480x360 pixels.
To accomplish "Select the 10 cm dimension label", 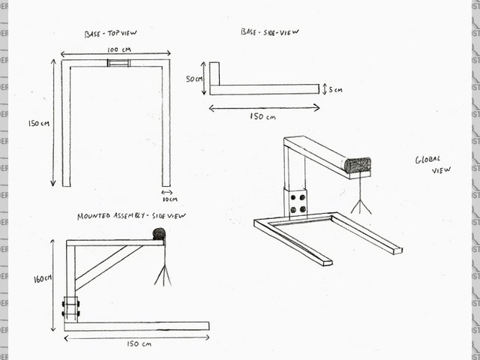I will pyautogui.click(x=169, y=199).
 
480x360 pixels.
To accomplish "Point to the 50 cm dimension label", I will pyautogui.click(x=195, y=78).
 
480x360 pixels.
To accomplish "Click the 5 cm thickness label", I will pyautogui.click(x=334, y=89).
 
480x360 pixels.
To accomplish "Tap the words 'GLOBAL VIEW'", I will pyautogui.click(x=433, y=165).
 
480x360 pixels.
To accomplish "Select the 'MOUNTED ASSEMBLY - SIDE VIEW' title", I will pyautogui.click(x=131, y=216).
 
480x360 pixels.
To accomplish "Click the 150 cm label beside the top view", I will pyautogui.click(x=37, y=123).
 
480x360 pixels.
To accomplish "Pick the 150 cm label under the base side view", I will pyautogui.click(x=262, y=117).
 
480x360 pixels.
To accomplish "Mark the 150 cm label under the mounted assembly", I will pyautogui.click(x=136, y=344).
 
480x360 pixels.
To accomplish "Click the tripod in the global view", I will pyautogui.click(x=361, y=195).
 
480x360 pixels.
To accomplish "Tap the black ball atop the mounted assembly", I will pyautogui.click(x=158, y=234).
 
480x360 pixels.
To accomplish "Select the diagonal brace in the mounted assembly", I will pyautogui.click(x=108, y=266).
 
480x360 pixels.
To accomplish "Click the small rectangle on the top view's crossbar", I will pyautogui.click(x=118, y=63).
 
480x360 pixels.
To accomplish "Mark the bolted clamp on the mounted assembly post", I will pyautogui.click(x=71, y=308).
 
